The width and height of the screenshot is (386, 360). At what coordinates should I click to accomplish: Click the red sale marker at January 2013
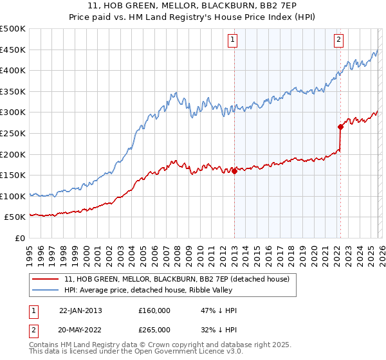234,171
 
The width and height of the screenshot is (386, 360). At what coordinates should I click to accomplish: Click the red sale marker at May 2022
340,127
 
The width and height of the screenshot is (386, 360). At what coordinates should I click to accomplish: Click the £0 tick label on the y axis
19,238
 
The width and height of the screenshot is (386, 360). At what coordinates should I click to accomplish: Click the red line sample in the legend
46,279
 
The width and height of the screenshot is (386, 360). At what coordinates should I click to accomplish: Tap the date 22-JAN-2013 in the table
80,310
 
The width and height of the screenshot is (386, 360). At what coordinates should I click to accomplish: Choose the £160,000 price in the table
154,310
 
